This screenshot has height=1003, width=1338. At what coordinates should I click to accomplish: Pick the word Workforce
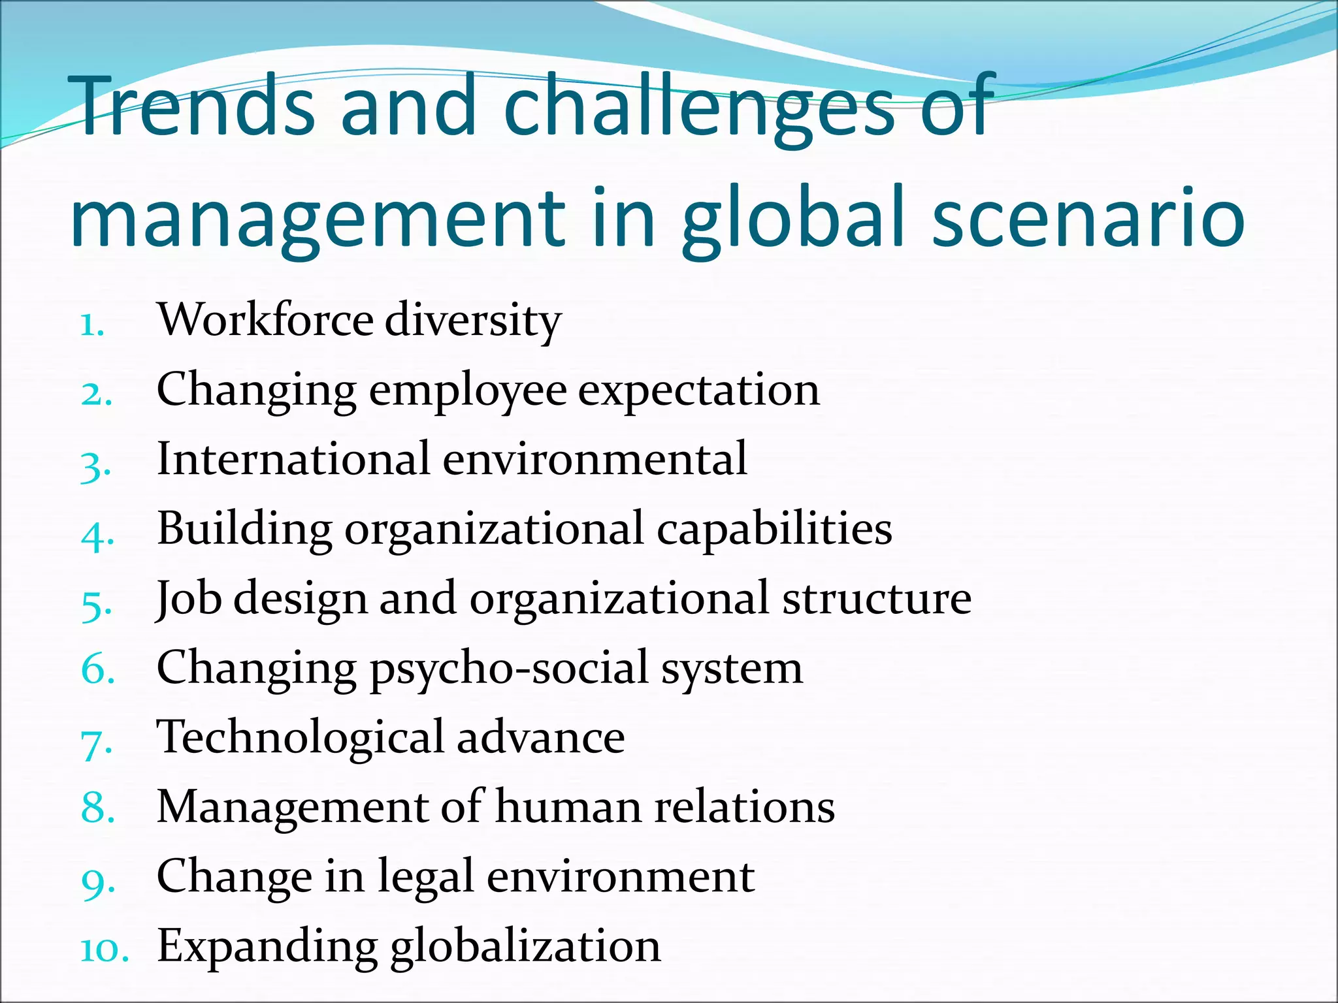[265, 320]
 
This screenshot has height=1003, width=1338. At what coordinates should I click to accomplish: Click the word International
[293, 458]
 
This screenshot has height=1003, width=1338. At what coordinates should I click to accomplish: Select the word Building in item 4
[244, 530]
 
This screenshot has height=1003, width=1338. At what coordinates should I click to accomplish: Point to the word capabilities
[774, 528]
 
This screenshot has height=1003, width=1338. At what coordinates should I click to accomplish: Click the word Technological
[301, 737]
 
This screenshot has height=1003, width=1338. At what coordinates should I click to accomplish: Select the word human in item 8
[569, 806]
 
